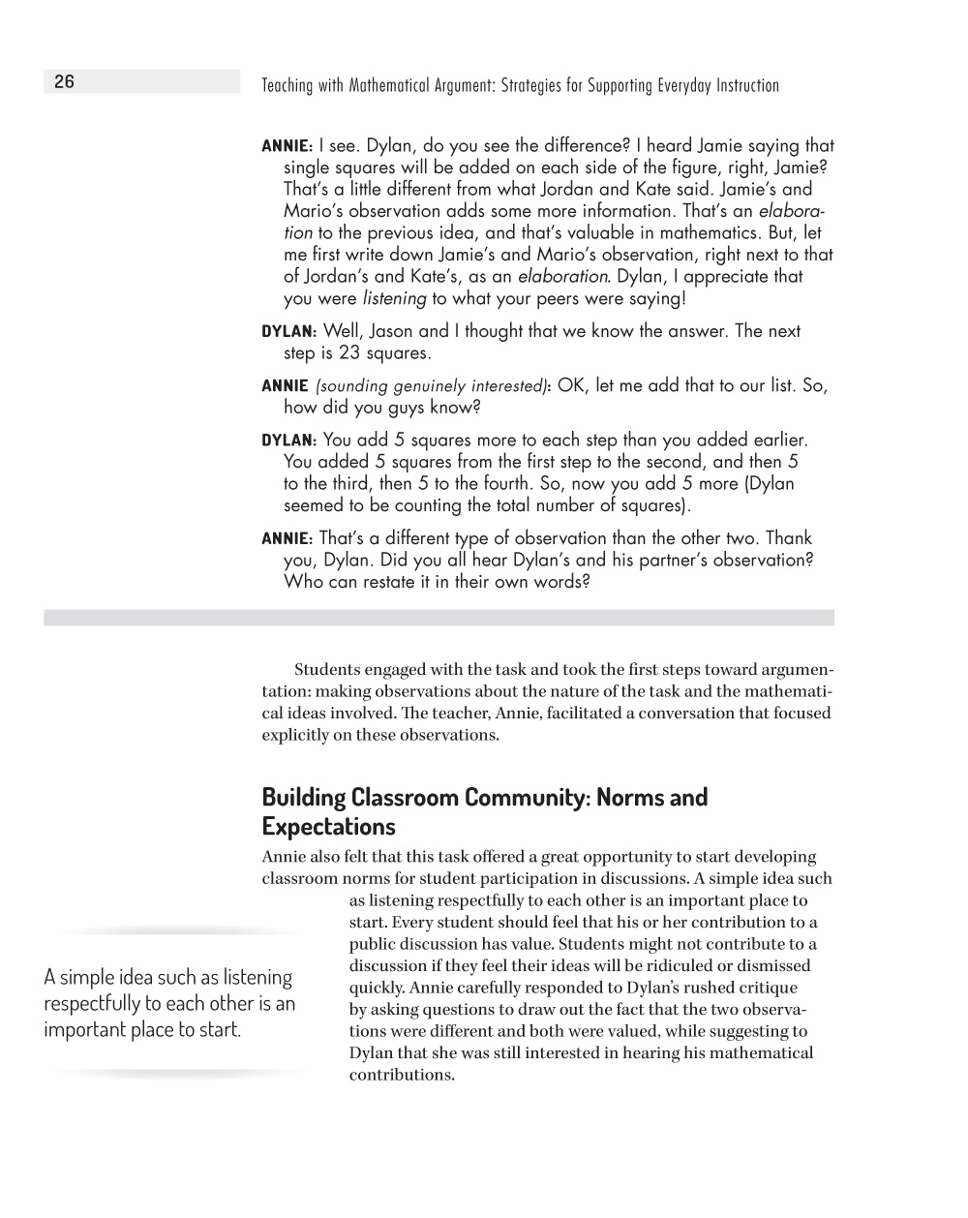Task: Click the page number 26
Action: click(x=64, y=82)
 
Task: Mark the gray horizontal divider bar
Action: click(x=439, y=618)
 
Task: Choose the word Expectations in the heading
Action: click(x=328, y=827)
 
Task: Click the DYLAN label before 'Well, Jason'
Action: click(x=288, y=332)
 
